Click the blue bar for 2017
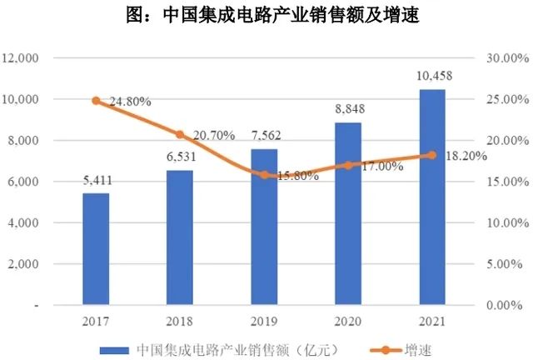[96, 249]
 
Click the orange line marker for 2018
[180, 134]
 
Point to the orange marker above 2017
[96, 101]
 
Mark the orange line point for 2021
[431, 155]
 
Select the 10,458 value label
[431, 77]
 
